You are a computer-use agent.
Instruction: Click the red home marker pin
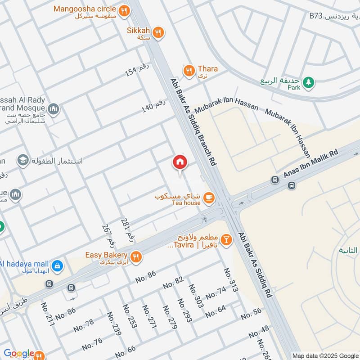[x=180, y=162]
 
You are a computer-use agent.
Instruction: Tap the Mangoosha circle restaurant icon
[x=124, y=9]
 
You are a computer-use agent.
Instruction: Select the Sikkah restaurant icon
[x=157, y=31]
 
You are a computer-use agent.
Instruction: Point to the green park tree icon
[x=308, y=82]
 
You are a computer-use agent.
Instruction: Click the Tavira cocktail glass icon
[x=226, y=240]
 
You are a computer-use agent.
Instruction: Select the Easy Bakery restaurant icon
[x=137, y=256]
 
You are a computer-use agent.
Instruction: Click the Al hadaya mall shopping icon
[x=57, y=266]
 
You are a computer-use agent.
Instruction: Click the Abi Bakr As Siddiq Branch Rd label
[x=193, y=122]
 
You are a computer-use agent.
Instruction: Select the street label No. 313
[x=230, y=279]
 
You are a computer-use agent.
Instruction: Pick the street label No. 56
[x=251, y=314]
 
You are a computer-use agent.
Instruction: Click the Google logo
[x=19, y=353]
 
